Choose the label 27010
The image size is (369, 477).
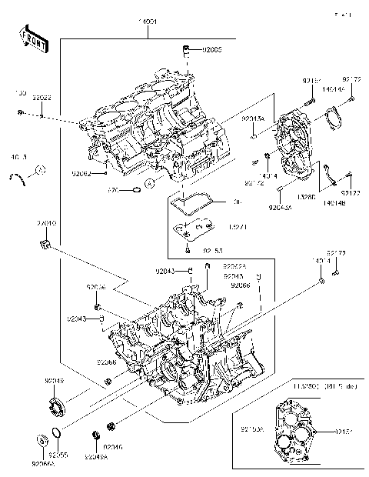pos(46,223)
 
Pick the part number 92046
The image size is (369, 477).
pos(113,447)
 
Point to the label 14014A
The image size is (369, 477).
pos(332,90)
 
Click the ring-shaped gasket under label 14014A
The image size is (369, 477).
pos(332,116)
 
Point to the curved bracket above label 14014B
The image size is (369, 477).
pos(327,177)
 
